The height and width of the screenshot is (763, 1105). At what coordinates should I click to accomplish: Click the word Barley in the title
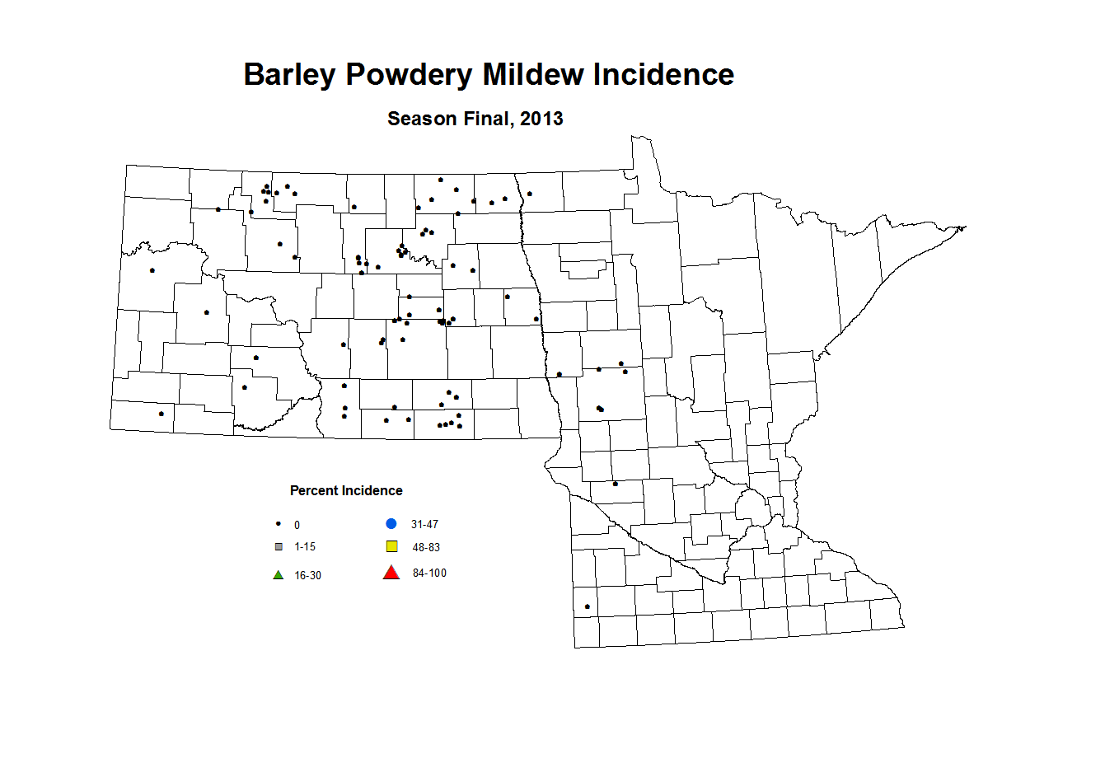[x=289, y=75]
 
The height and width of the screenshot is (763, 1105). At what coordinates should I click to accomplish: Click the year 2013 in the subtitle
[x=541, y=119]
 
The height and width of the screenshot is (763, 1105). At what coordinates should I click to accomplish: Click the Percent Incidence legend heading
[x=346, y=490]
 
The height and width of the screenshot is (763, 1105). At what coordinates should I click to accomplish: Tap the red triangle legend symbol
[x=391, y=573]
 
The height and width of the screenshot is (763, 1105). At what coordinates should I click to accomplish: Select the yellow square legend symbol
[x=391, y=546]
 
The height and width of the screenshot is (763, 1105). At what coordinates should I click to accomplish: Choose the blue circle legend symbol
[x=391, y=524]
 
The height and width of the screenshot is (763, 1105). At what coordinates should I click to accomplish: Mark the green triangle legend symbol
[x=279, y=575]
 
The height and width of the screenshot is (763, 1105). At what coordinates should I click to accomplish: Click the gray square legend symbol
[x=279, y=547]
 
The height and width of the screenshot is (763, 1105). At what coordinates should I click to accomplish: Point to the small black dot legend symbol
[x=279, y=524]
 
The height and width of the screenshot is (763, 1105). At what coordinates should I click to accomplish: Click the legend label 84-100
[x=429, y=573]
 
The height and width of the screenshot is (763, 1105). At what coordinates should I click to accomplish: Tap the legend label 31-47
[x=424, y=525]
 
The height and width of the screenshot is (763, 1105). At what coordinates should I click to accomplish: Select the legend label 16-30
[x=307, y=576]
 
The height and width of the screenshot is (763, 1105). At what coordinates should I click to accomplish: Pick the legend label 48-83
[x=426, y=547]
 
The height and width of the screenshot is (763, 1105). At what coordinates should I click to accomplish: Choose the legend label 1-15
[x=305, y=547]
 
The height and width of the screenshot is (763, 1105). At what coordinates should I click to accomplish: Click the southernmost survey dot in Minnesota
[x=587, y=607]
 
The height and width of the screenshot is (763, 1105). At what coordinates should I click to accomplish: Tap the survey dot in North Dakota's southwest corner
[x=161, y=414]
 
